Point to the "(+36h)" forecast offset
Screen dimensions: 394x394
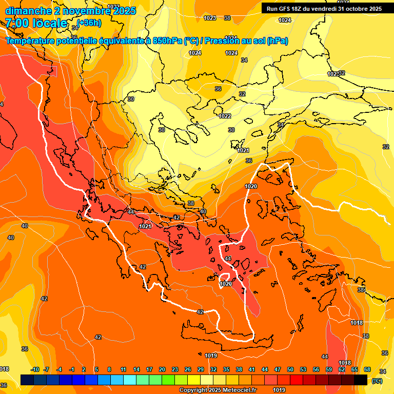[89, 23]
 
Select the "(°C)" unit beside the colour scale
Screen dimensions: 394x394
[377, 380]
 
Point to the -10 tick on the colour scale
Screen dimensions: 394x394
[35, 369]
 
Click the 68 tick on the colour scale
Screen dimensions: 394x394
[367, 369]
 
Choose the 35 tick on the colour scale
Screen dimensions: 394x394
[226, 369]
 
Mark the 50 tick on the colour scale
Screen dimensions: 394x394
[290, 369]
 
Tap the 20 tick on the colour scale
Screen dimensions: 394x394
[162, 369]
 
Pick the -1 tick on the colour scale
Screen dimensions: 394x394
[72, 369]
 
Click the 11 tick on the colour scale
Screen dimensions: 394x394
[124, 369]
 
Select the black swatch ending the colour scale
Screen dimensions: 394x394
[361, 380]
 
